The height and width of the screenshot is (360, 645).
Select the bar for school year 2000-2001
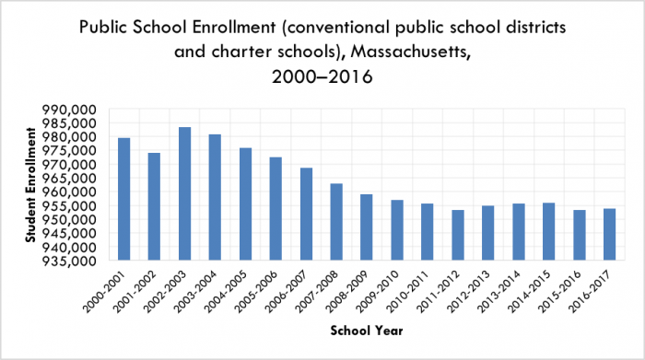[x=123, y=199]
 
